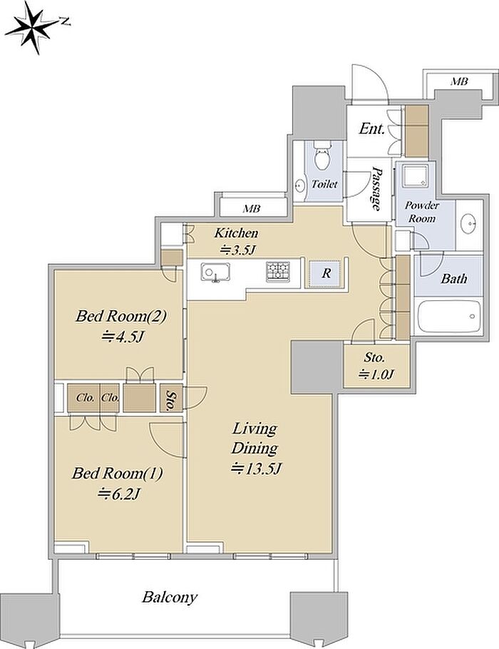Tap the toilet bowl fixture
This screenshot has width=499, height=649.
(x=321, y=155)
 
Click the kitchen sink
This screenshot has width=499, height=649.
(x=215, y=272)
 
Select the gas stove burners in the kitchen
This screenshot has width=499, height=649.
(x=278, y=272)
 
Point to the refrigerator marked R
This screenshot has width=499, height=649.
(x=326, y=273)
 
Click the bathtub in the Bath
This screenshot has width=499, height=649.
(x=449, y=316)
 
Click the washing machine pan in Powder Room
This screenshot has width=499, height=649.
(x=414, y=177)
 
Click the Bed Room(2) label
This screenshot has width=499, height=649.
(x=120, y=317)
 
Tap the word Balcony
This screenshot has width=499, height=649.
(x=170, y=597)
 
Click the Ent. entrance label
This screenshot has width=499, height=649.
(x=371, y=128)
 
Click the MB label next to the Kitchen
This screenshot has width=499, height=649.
(x=251, y=209)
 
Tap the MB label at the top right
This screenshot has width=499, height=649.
(x=459, y=81)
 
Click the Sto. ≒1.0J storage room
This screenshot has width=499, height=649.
(x=376, y=366)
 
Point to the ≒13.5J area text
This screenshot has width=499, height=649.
(x=257, y=469)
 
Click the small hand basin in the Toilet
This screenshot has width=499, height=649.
(x=300, y=185)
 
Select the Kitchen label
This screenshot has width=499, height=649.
(x=236, y=233)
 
